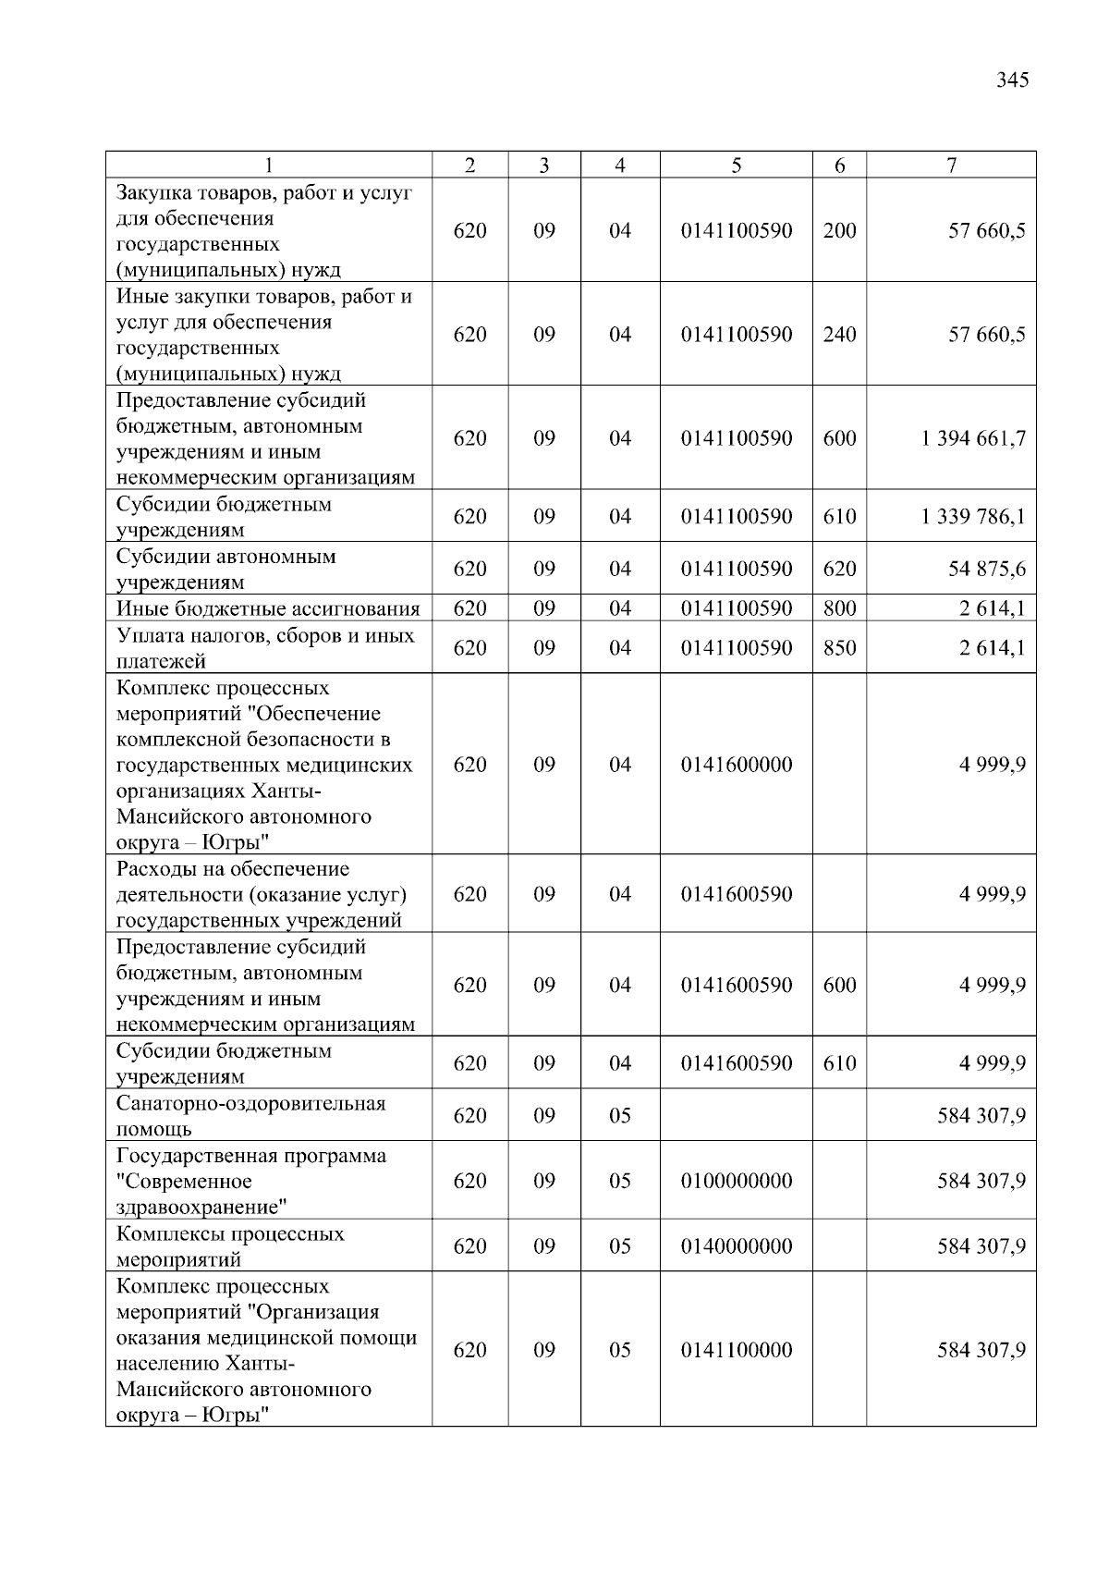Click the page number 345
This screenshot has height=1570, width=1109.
[1012, 80]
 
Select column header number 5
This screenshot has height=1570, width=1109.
[736, 166]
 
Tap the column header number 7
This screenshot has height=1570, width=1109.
[951, 166]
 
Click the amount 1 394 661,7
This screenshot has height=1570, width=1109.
[972, 438]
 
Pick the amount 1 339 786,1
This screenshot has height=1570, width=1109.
[972, 516]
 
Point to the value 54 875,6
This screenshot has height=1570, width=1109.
[986, 569]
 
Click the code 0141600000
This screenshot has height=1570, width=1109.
[736, 765]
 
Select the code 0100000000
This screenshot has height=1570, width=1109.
[736, 1181]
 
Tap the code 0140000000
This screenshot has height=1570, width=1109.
[736, 1246]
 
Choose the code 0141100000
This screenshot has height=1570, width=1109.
[736, 1350]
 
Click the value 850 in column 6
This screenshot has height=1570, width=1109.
[839, 648]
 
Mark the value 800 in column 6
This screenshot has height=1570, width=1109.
[839, 608]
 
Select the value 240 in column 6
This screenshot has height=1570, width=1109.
[839, 335]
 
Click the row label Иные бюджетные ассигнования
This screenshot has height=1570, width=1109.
[268, 608]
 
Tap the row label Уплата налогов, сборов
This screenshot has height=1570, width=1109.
[265, 647]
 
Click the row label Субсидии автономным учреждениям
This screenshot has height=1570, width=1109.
[225, 569]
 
